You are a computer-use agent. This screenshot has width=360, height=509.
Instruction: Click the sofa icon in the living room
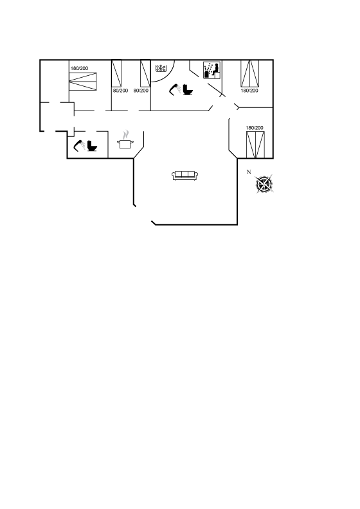tap(184, 175)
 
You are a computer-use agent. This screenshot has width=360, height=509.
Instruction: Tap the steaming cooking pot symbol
tap(125, 140)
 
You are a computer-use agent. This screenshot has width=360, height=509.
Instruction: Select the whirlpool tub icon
tap(161, 68)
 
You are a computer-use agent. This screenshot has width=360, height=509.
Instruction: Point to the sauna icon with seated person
tap(212, 70)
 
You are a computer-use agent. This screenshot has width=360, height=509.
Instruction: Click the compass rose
tap(264, 184)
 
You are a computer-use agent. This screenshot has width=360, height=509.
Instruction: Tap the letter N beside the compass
tap(249, 172)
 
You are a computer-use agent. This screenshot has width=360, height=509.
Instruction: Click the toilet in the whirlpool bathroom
tap(188, 89)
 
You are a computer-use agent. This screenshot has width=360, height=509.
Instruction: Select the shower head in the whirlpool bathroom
tap(175, 89)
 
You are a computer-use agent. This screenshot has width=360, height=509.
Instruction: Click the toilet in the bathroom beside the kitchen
tap(93, 146)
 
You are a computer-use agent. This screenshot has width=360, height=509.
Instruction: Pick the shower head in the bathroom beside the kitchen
tap(80, 145)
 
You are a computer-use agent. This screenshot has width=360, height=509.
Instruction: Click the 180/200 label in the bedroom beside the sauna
tap(249, 91)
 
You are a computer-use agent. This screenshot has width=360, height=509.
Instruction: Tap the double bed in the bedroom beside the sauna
tap(249, 73)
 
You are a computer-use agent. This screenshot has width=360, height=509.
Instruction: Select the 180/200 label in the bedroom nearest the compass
tap(255, 128)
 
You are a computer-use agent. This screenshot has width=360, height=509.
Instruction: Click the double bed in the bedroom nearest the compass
tap(255, 145)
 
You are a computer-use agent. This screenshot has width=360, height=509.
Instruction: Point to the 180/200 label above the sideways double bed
tap(80, 68)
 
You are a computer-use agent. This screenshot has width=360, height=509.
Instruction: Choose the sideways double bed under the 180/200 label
tap(83, 82)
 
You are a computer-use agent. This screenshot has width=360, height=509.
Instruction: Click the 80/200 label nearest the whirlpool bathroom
tap(141, 91)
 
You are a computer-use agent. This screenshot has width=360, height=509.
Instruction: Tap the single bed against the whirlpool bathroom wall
tap(145, 73)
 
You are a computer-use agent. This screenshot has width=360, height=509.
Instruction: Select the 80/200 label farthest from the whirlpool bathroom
tap(120, 91)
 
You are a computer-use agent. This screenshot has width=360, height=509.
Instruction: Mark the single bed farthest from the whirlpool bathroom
tap(116, 73)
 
